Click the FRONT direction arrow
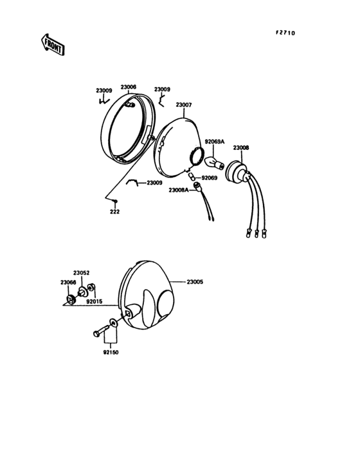click(x=53, y=44)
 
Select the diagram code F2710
click(x=285, y=33)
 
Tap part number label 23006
click(x=129, y=87)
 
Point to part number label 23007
click(x=184, y=105)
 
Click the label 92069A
click(x=215, y=142)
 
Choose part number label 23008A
click(x=179, y=190)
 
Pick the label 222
click(x=114, y=212)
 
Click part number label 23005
click(x=195, y=282)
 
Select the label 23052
click(x=81, y=273)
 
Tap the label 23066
click(x=68, y=282)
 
